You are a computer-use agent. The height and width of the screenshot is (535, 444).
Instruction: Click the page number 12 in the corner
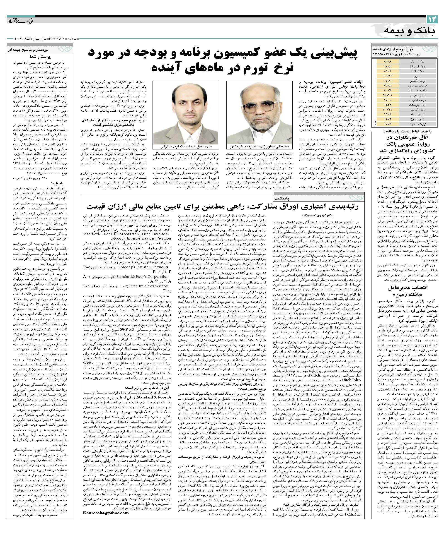[432, 19]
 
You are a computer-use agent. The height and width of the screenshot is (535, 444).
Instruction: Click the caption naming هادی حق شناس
[186, 147]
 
